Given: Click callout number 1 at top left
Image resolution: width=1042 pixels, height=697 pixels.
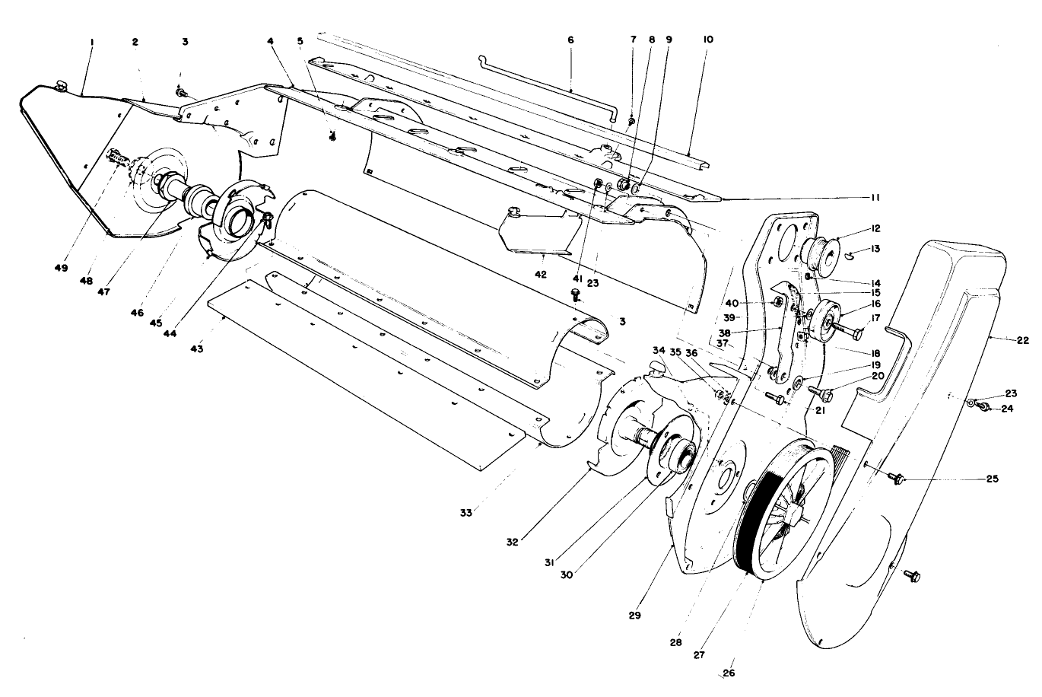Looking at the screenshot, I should pos(91,43).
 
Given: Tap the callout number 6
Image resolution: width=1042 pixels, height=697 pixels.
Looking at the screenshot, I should pos(570,40).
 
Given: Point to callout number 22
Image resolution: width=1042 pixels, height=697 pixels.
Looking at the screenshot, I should pos(1021,340).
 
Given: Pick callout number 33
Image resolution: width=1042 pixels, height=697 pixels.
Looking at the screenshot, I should pos(466,513).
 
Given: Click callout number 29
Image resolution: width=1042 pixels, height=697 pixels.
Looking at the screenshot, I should pos(635,614).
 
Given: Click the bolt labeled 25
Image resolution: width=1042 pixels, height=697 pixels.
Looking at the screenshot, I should pos(895,478).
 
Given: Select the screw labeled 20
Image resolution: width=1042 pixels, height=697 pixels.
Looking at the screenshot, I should pos(823,393).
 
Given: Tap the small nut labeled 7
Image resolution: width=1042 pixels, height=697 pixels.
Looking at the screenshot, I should pos(631,121).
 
